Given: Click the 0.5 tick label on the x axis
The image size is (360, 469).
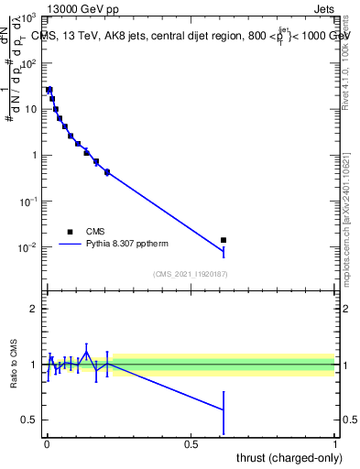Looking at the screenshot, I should [x=191, y=444].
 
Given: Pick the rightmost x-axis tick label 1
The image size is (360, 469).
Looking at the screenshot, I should [x=335, y=444].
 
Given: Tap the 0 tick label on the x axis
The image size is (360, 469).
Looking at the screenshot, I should [x=47, y=444].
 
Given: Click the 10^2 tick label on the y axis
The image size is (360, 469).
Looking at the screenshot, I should [x=30, y=63].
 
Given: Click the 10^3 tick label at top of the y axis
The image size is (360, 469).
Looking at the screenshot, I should [x=30, y=17].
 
